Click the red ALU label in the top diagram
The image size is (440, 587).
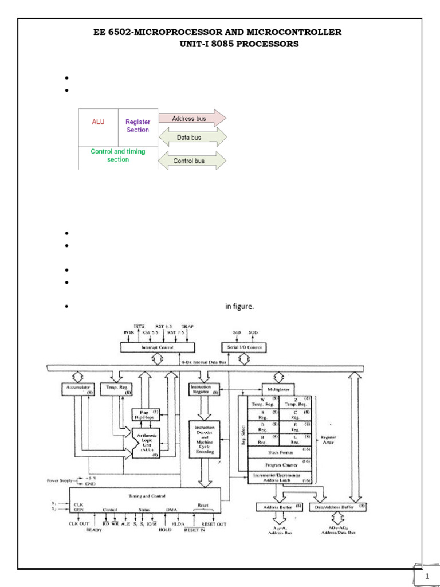click(x=98, y=122)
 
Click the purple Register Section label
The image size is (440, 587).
click(x=137, y=126)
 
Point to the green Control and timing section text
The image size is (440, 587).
click(x=118, y=155)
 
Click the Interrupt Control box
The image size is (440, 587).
click(x=157, y=347)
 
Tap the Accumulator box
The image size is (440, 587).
click(x=77, y=389)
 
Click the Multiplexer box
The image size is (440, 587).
click(x=277, y=388)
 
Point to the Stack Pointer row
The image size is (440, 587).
click(x=280, y=452)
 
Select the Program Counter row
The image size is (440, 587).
click(x=280, y=465)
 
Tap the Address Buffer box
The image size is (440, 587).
click(x=279, y=507)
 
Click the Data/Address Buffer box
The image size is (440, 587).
click(x=338, y=507)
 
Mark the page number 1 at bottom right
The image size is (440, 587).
click(x=427, y=576)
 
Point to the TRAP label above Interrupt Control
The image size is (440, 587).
click(x=187, y=326)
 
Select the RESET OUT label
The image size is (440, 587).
click(x=213, y=525)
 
